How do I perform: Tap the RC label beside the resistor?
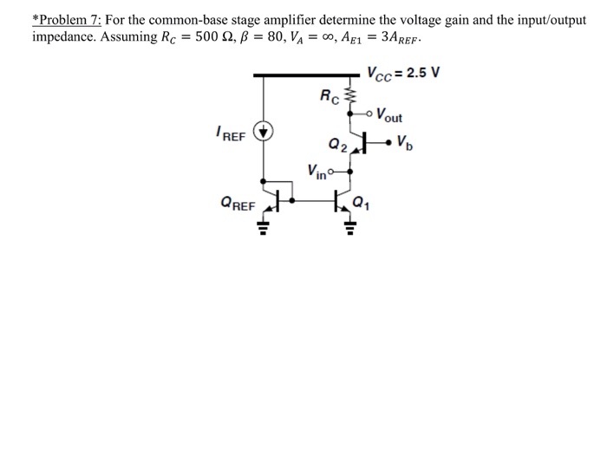click(x=330, y=95)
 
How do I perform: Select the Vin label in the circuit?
click(x=317, y=169)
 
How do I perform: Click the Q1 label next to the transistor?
click(x=362, y=205)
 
